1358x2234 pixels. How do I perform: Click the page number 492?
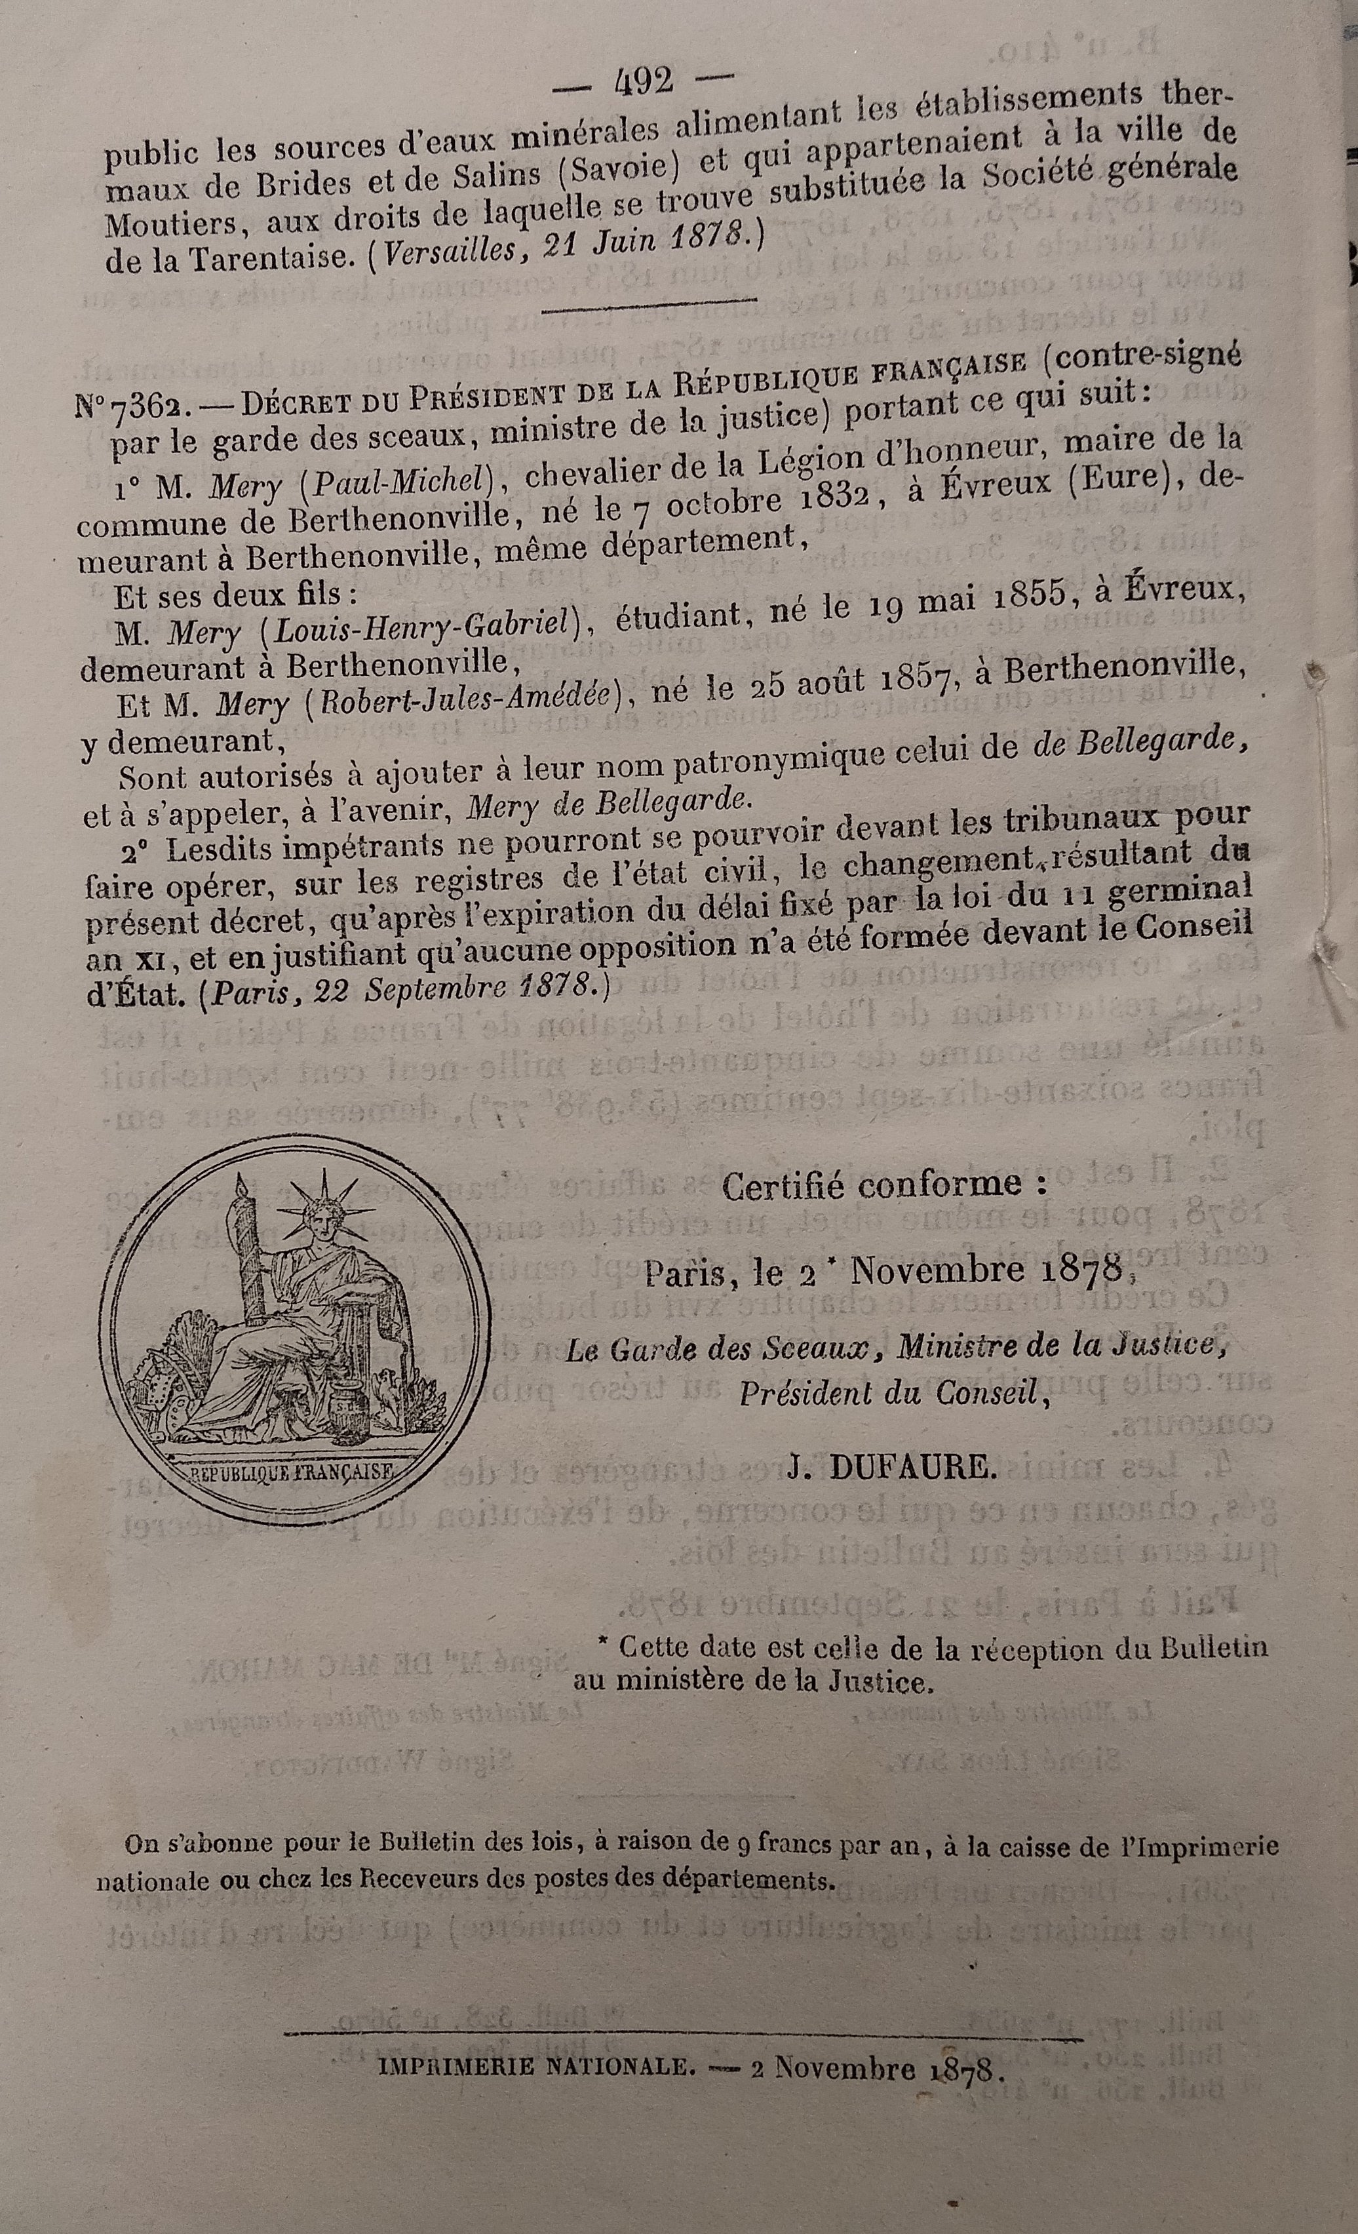coord(643,83)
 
